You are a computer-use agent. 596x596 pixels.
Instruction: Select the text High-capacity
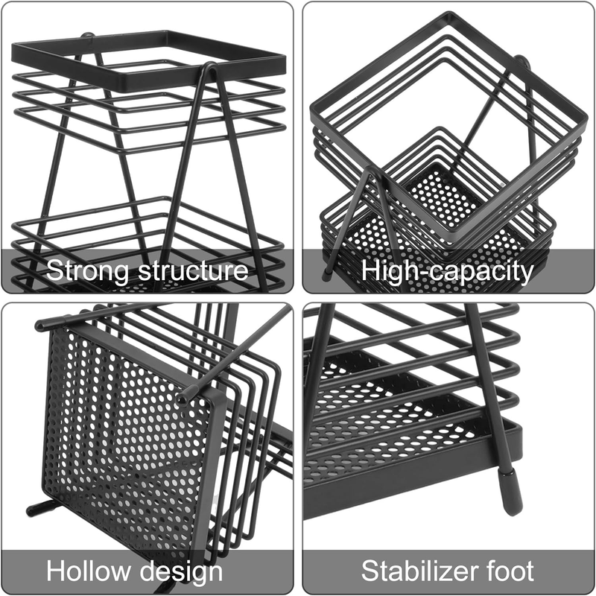coord(448,270)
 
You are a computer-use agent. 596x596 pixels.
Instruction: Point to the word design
coord(183,571)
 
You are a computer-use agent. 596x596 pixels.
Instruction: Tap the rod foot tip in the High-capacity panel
coord(327,274)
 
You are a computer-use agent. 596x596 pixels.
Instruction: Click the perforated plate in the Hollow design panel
coord(127,425)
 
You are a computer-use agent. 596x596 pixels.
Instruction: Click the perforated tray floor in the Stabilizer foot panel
coord(395,447)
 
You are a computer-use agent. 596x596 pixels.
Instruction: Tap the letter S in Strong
coord(54,270)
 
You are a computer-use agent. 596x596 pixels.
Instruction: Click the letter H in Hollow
coord(55,571)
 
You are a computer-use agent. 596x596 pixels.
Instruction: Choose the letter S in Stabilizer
coord(370,571)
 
